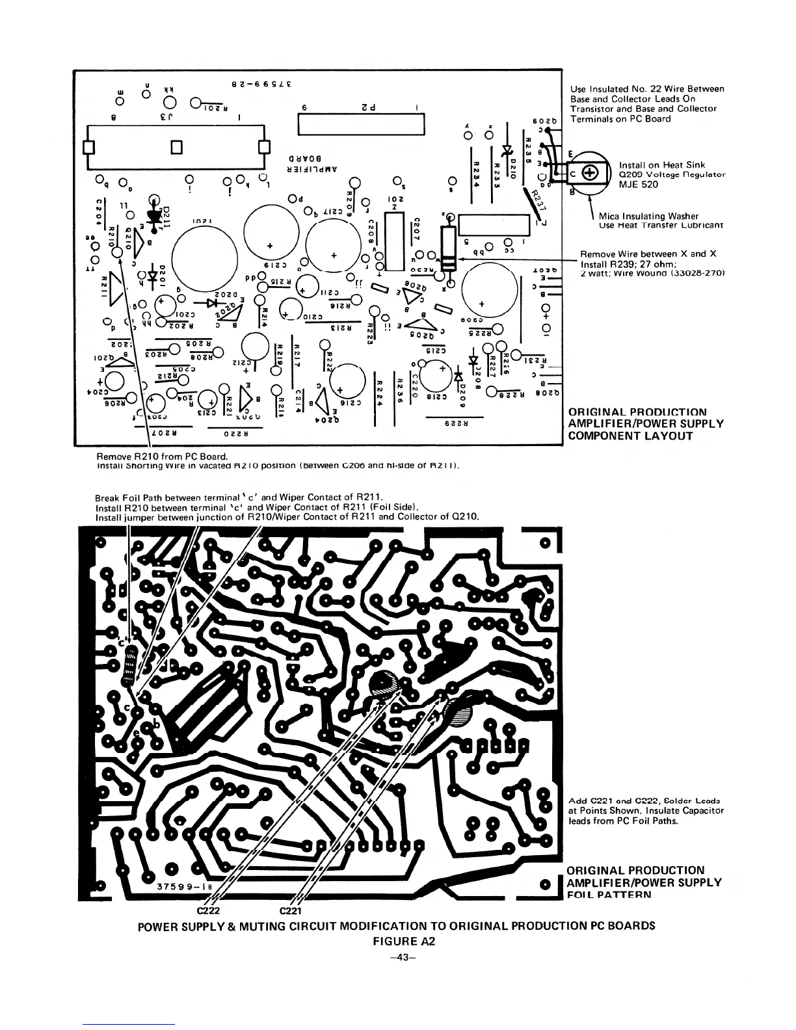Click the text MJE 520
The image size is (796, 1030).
pyautogui.click(x=639, y=185)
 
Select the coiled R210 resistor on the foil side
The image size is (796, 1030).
pyautogui.click(x=130, y=668)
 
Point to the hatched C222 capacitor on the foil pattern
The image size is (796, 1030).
pyautogui.click(x=382, y=683)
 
